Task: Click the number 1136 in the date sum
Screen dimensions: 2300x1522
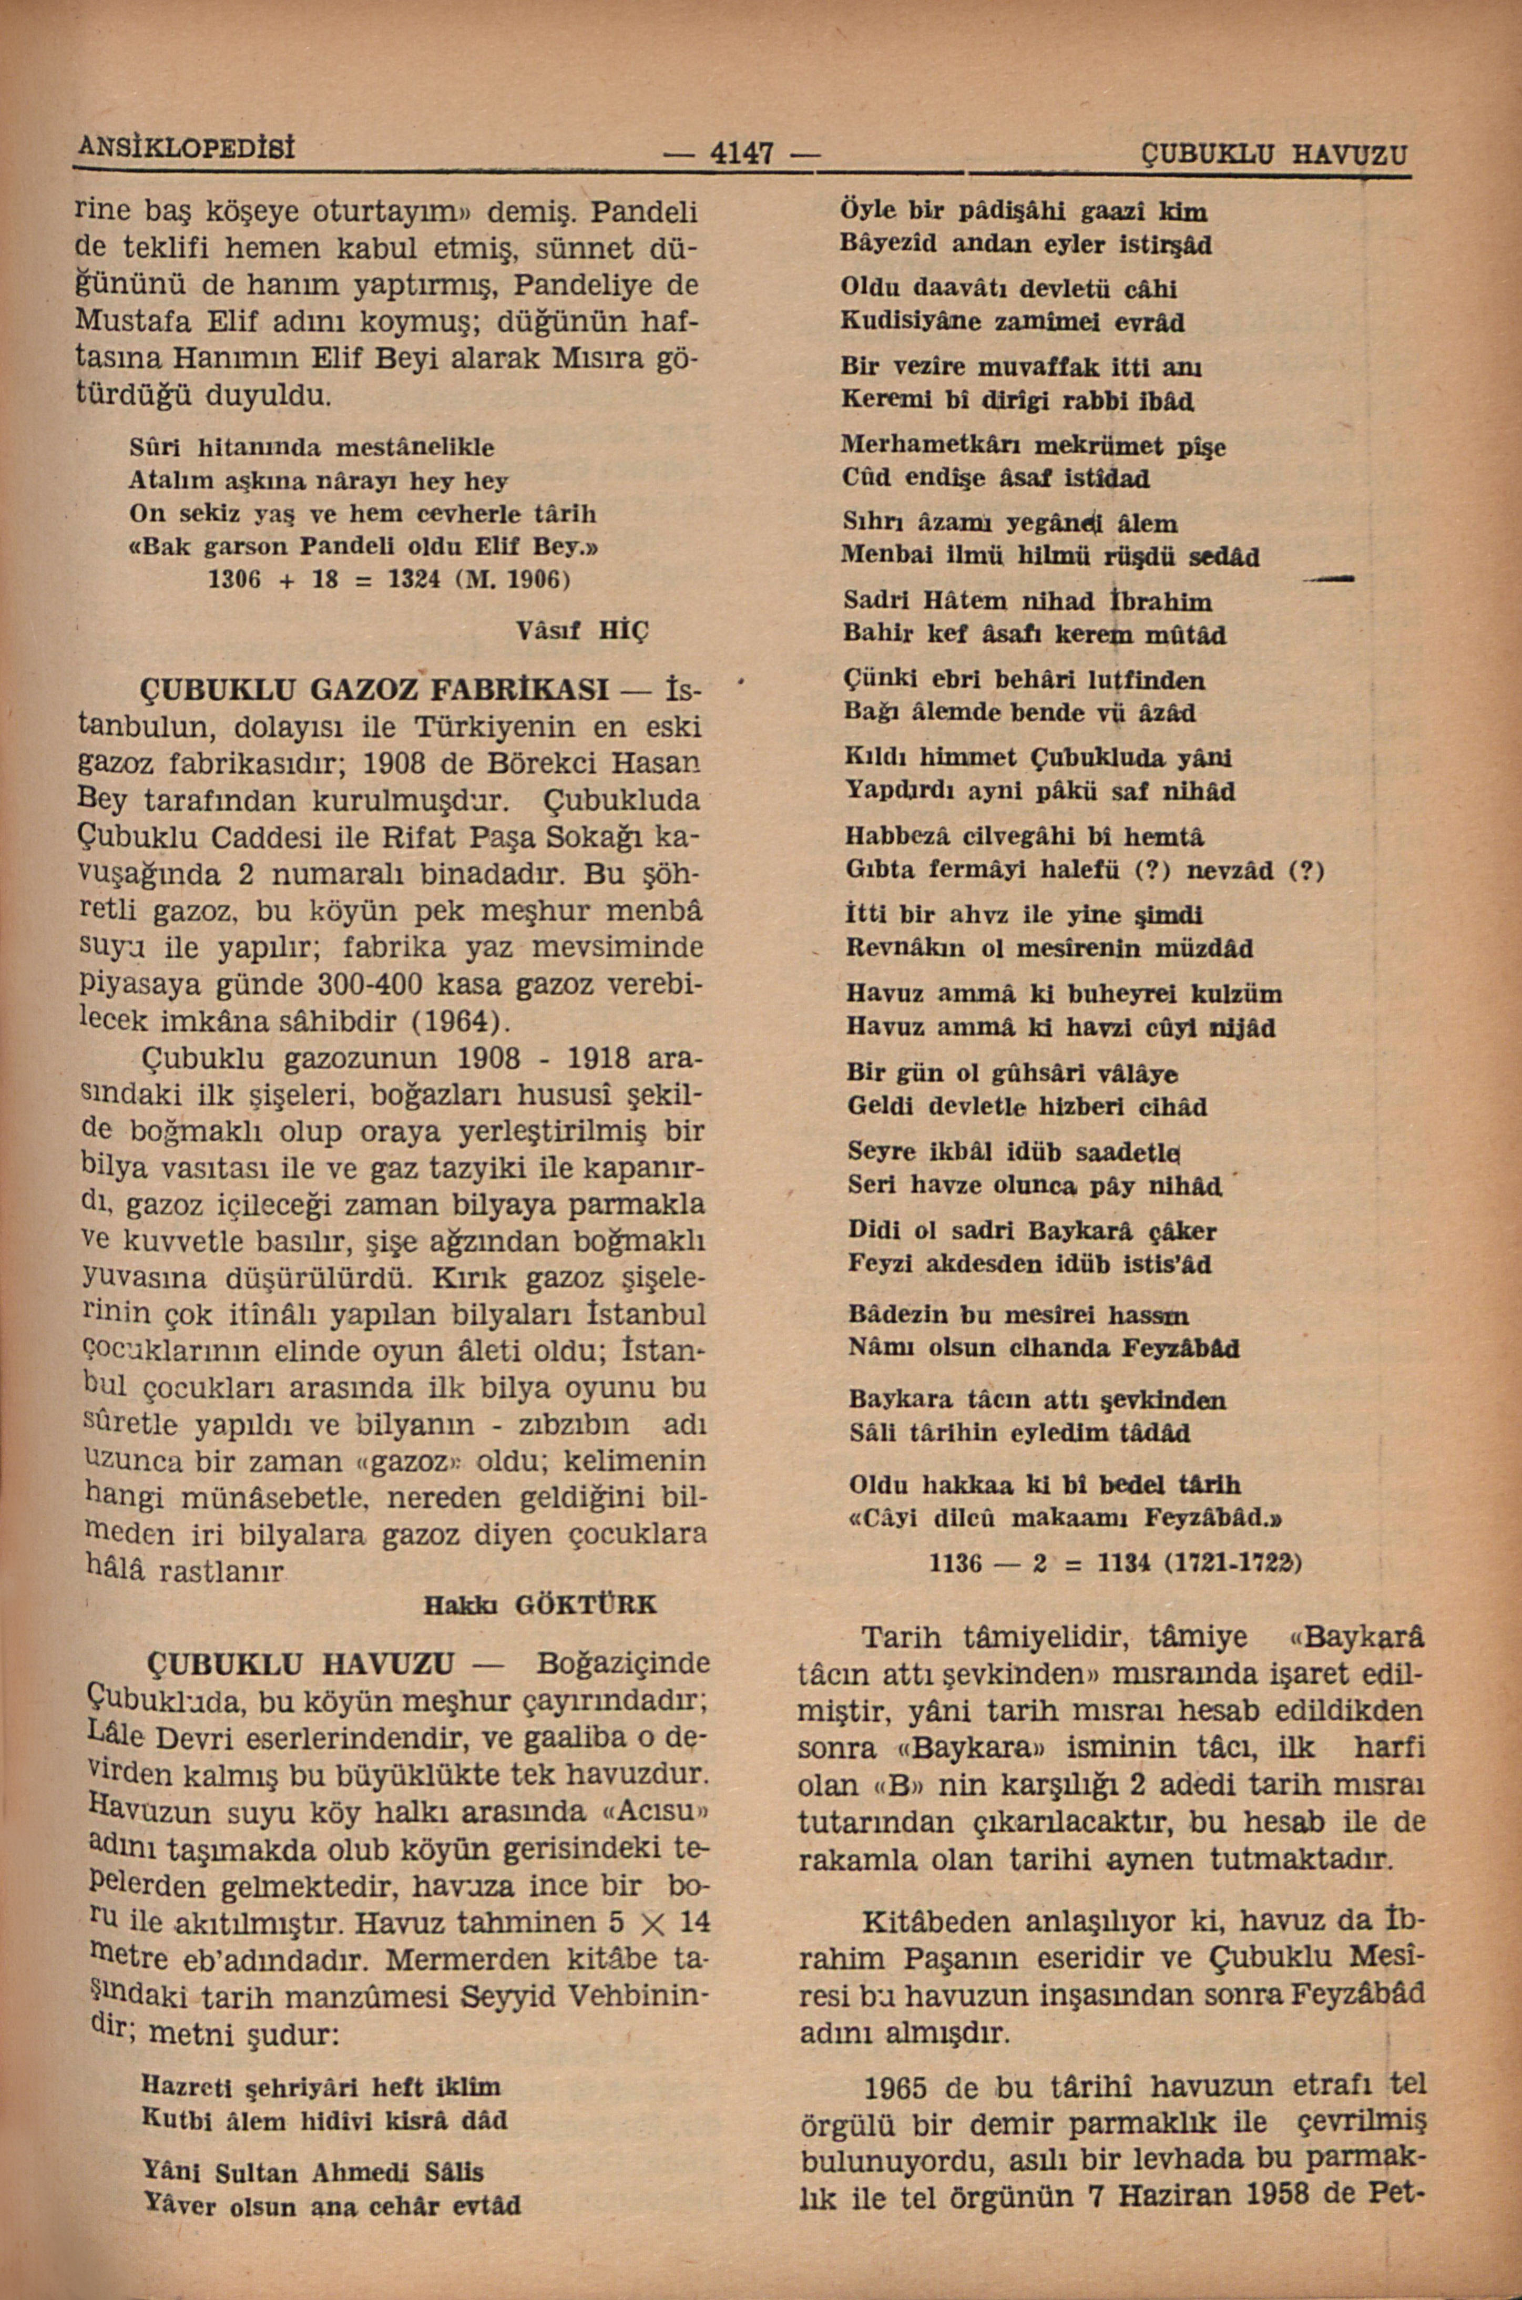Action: pyautogui.click(x=957, y=1563)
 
